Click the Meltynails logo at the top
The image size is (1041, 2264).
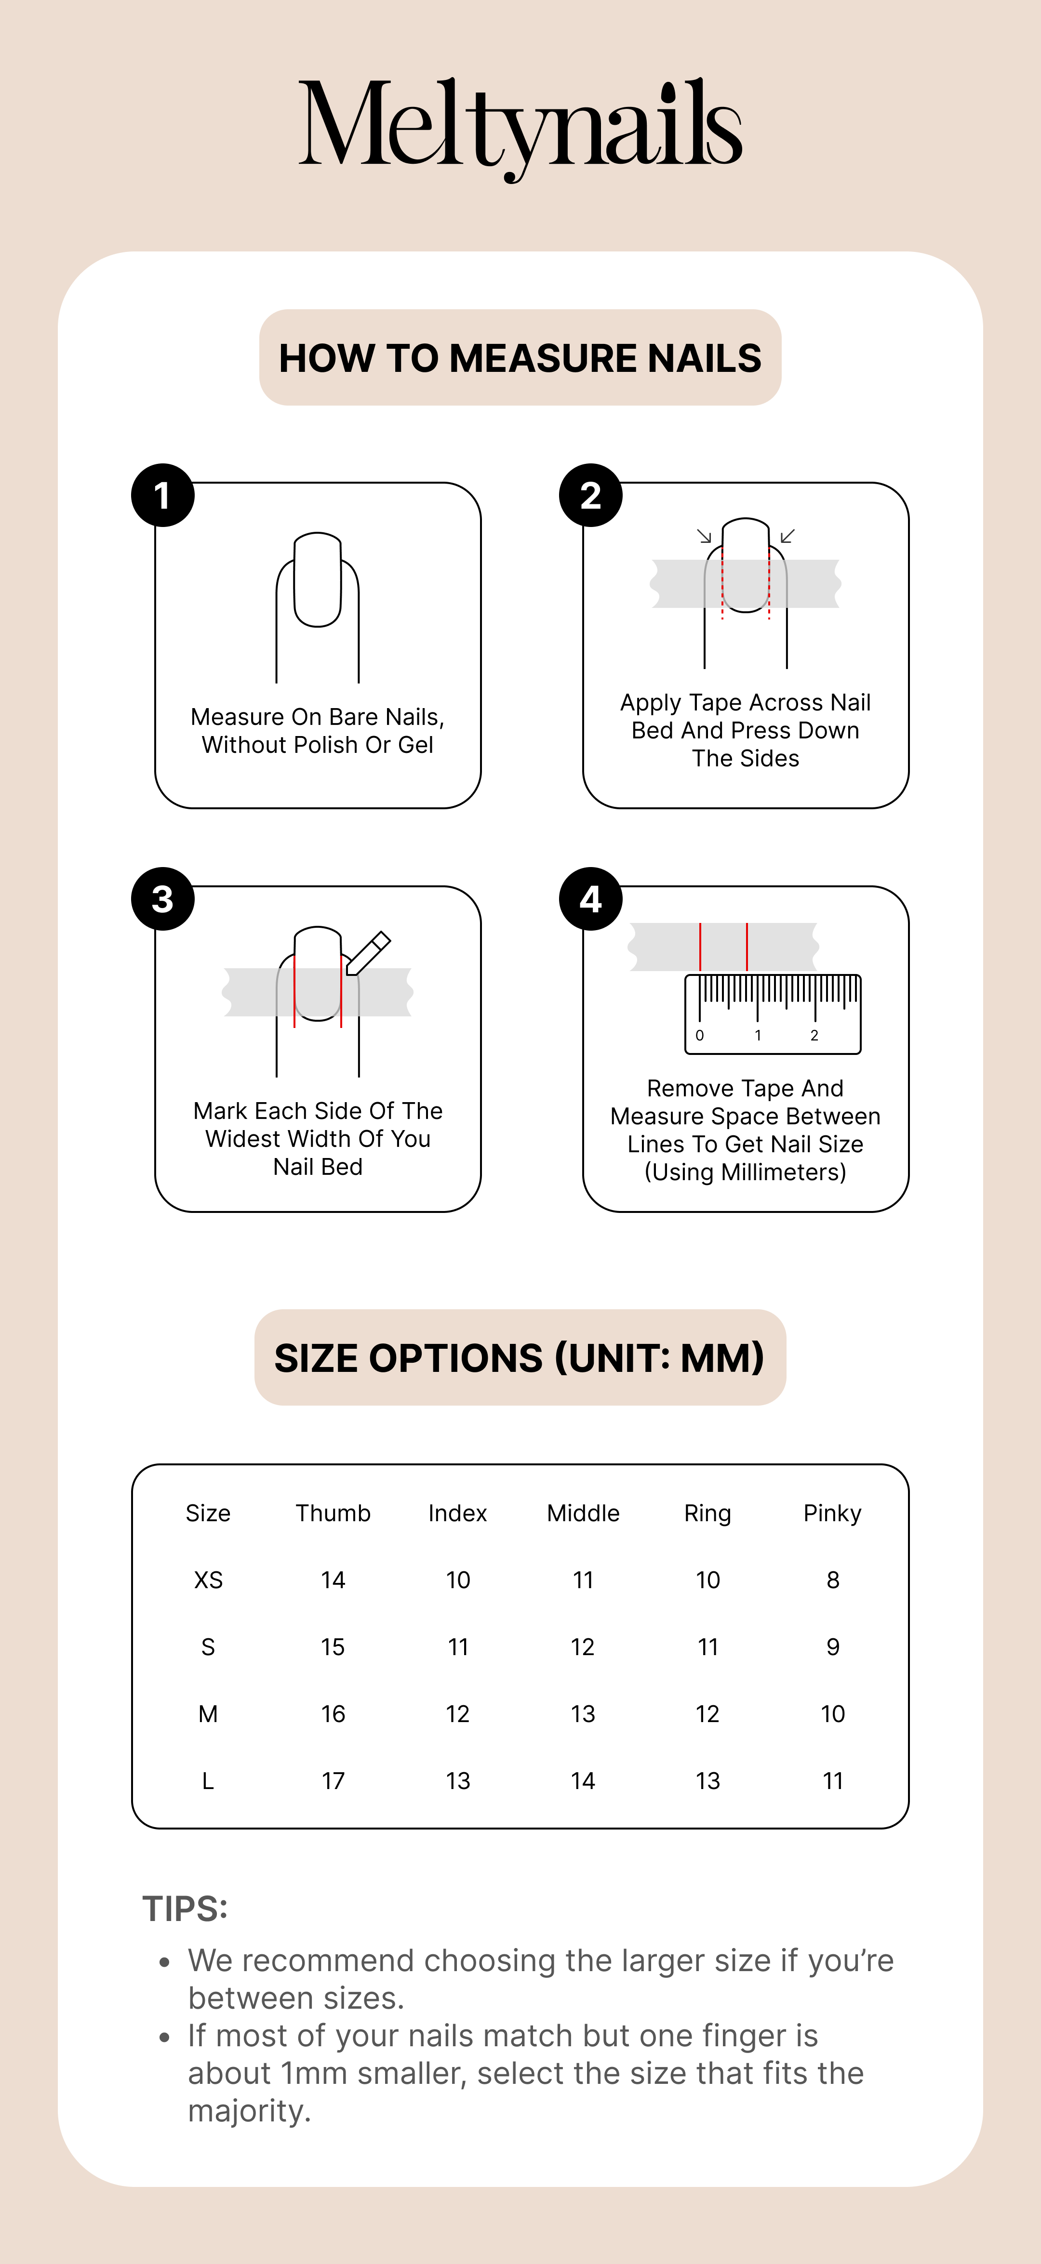coord(520,128)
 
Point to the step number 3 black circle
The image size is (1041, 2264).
coord(163,898)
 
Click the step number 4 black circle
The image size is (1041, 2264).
coord(591,898)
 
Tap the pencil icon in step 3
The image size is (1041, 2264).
coord(368,953)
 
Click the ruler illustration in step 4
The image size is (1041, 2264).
coord(773,1014)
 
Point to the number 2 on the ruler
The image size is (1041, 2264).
coord(814,1035)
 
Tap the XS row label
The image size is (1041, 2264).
coord(208,1580)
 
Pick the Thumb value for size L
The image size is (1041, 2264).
coord(333,1781)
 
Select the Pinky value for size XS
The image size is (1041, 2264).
coord(833,1580)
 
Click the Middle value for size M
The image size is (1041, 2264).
coord(583,1714)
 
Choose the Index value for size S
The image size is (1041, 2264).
coord(458,1647)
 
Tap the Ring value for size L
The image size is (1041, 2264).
coord(708,1781)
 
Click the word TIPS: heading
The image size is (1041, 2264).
coord(185,1909)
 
